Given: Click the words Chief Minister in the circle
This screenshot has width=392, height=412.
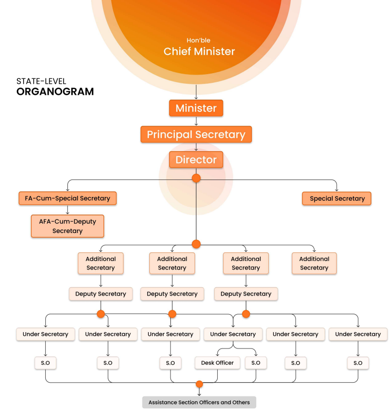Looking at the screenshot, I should [199, 51].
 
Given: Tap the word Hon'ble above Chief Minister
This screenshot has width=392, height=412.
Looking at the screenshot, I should [198, 40].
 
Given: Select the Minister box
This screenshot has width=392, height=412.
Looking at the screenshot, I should [196, 108].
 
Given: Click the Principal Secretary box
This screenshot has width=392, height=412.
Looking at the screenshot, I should [196, 134].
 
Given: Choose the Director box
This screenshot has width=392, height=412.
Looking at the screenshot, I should [196, 160].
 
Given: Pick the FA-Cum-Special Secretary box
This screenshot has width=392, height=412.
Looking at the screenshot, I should [67, 198].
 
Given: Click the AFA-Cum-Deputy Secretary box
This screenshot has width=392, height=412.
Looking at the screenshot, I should [67, 226].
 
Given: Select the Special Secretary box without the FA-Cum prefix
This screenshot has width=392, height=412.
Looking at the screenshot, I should [337, 198].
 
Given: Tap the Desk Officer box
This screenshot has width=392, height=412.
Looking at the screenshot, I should [217, 363].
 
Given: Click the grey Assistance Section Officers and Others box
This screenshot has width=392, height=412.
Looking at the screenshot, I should [199, 402].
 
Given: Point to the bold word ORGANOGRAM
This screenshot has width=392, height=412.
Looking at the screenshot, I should [55, 91].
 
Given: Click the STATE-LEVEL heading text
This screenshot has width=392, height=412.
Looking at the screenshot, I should [41, 81].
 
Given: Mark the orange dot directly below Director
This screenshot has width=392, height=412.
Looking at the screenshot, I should [196, 179].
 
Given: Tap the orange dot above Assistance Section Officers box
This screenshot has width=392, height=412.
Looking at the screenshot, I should [199, 384].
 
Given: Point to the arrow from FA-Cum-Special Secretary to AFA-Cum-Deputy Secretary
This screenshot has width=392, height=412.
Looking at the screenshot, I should [67, 210].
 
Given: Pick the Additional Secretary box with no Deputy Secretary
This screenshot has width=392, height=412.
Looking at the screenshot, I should [314, 263].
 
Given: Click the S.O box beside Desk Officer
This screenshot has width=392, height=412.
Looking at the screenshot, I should [255, 363].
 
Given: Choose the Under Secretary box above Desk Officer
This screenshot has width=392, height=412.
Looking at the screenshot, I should [233, 334].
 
